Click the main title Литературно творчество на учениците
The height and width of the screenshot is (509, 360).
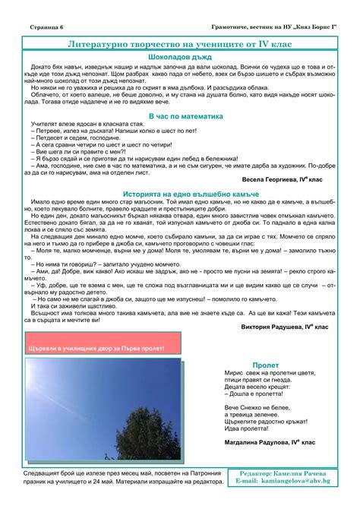(180, 46)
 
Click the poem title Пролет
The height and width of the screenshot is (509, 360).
(266, 365)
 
